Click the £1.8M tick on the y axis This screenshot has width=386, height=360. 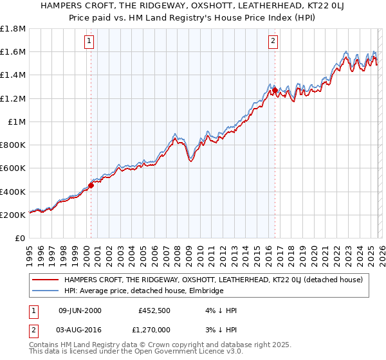13,29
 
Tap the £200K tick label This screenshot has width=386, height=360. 13,215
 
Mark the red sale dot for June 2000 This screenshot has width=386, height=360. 91,186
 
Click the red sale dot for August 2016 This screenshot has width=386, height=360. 275,91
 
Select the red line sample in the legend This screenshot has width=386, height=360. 45,280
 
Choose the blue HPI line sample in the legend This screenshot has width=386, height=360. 45,291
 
